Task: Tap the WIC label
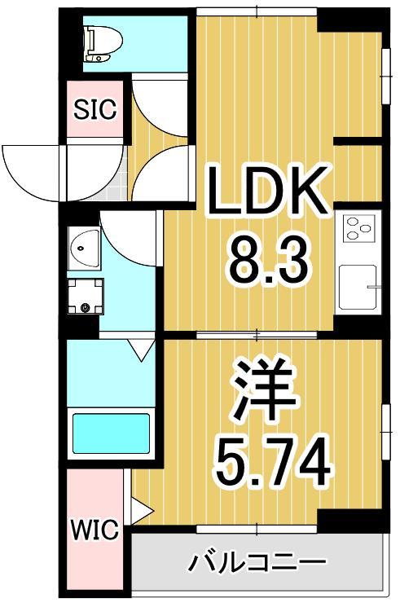(x=95, y=531)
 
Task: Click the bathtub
(x=111, y=433)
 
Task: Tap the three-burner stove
(x=357, y=229)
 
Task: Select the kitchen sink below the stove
(x=358, y=287)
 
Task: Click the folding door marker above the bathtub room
(x=143, y=350)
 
